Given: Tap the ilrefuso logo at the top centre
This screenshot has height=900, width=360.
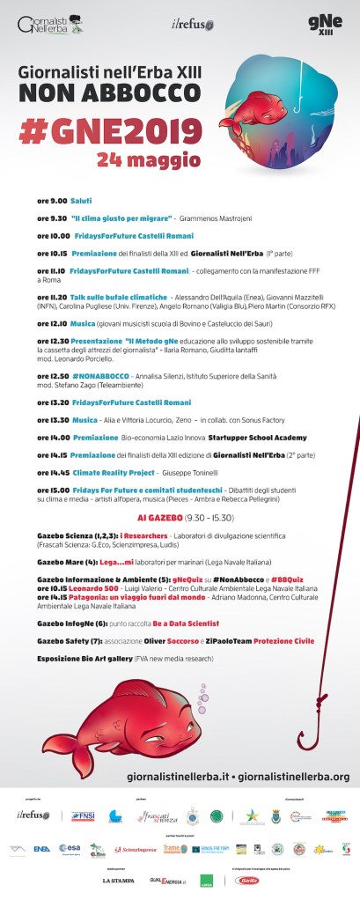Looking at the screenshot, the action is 188,23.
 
